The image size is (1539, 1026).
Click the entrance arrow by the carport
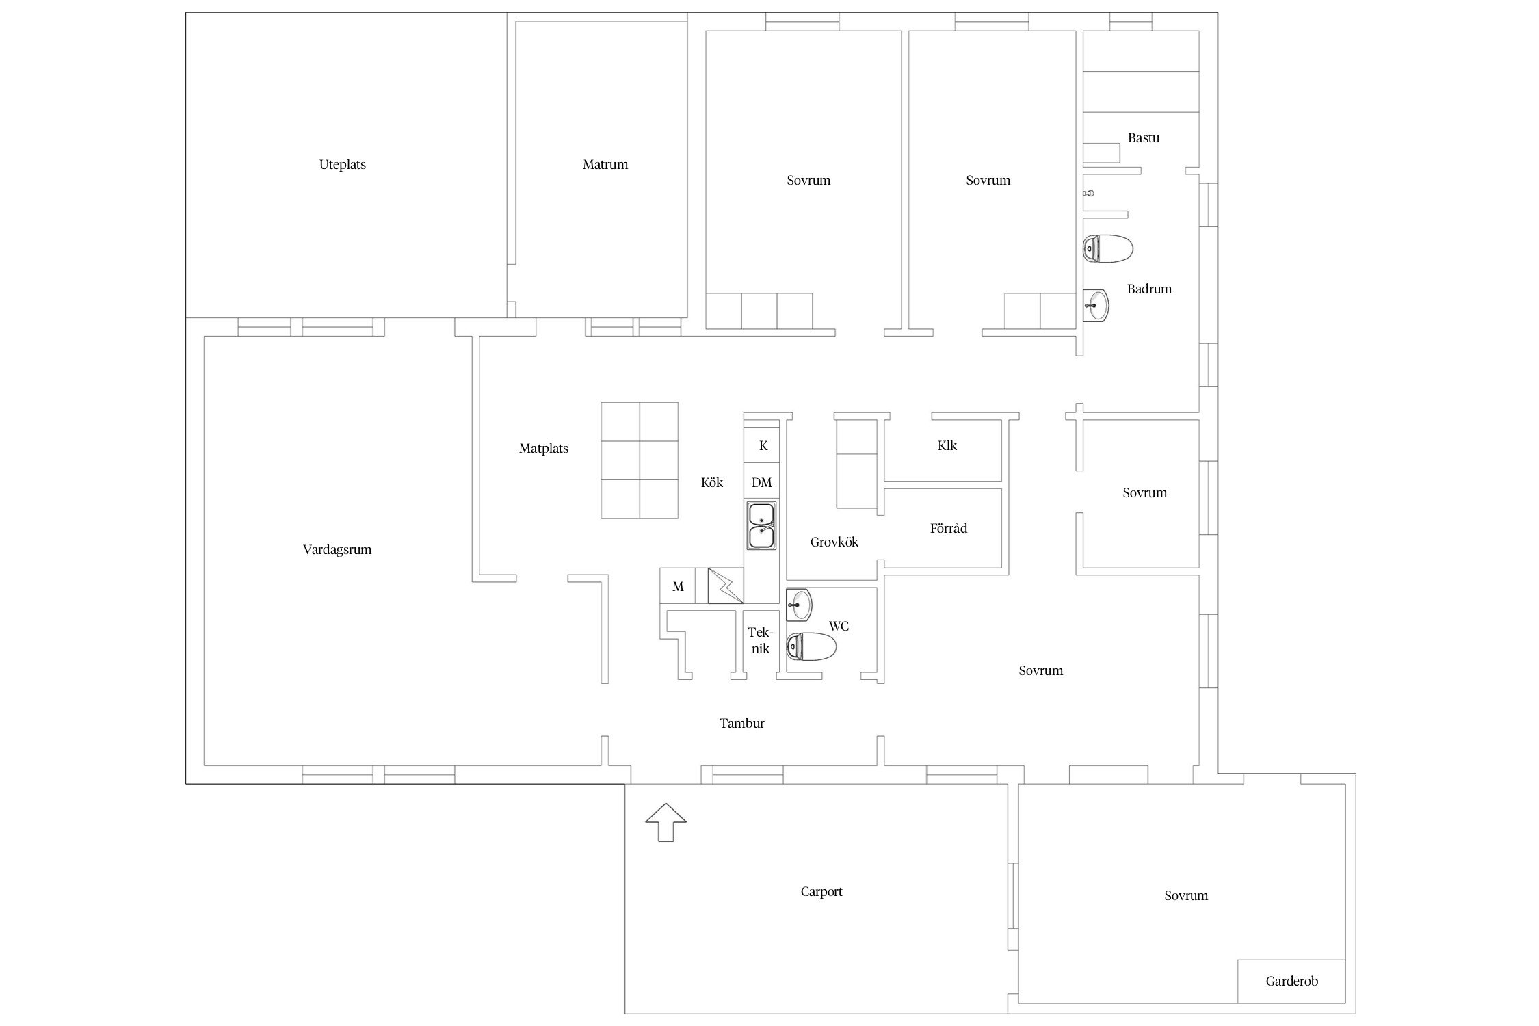point(666,822)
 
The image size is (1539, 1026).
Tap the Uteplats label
point(343,165)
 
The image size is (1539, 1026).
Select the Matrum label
point(605,164)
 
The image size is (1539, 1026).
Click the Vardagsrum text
point(337,550)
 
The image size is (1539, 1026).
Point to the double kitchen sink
point(761,525)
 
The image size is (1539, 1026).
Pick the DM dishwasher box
point(762,482)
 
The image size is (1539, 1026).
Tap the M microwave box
point(678,586)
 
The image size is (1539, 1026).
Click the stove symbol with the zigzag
point(726,586)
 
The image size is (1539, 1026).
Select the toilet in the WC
point(811,646)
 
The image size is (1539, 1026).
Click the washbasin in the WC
point(799,605)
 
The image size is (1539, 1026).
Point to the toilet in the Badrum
point(1108,249)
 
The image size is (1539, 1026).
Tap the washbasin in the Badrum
point(1096,304)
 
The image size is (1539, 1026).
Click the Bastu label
point(1144,138)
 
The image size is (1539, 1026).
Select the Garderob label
point(1291,982)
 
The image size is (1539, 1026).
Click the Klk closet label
point(947,446)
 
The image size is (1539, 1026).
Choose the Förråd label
point(949,528)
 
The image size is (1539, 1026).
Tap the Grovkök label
point(834,542)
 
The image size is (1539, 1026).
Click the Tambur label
point(742,723)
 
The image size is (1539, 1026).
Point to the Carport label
point(821,892)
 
